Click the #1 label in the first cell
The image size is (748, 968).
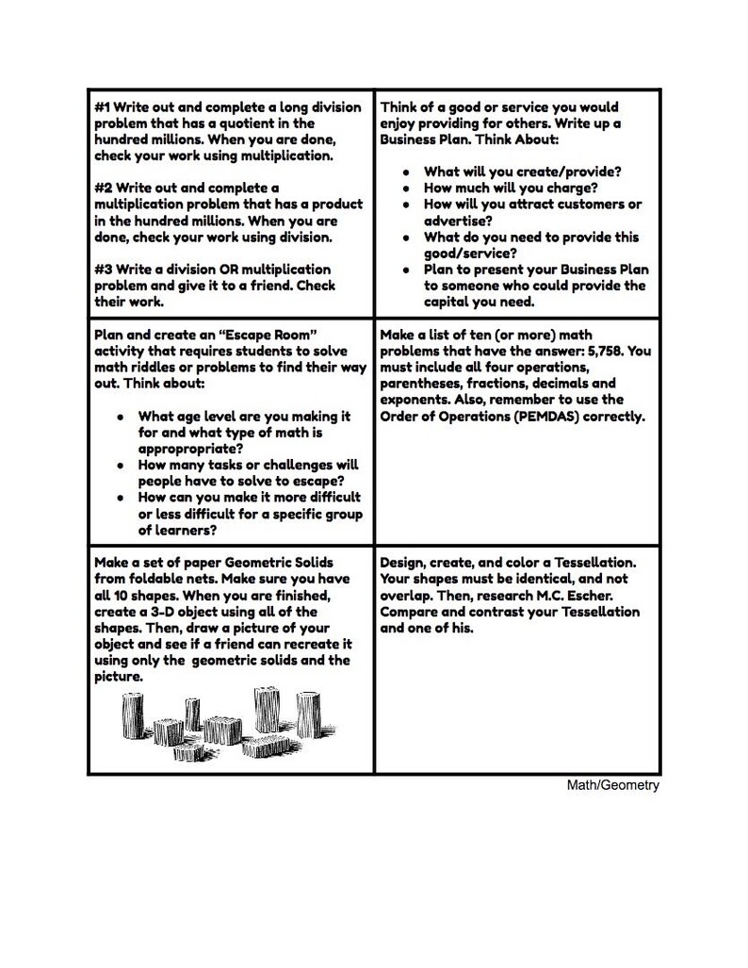(x=104, y=107)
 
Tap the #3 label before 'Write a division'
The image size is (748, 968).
(x=104, y=270)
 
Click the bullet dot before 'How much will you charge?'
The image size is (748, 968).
(x=405, y=189)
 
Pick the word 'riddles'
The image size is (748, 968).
(x=152, y=367)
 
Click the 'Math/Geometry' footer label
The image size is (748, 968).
(x=612, y=785)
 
